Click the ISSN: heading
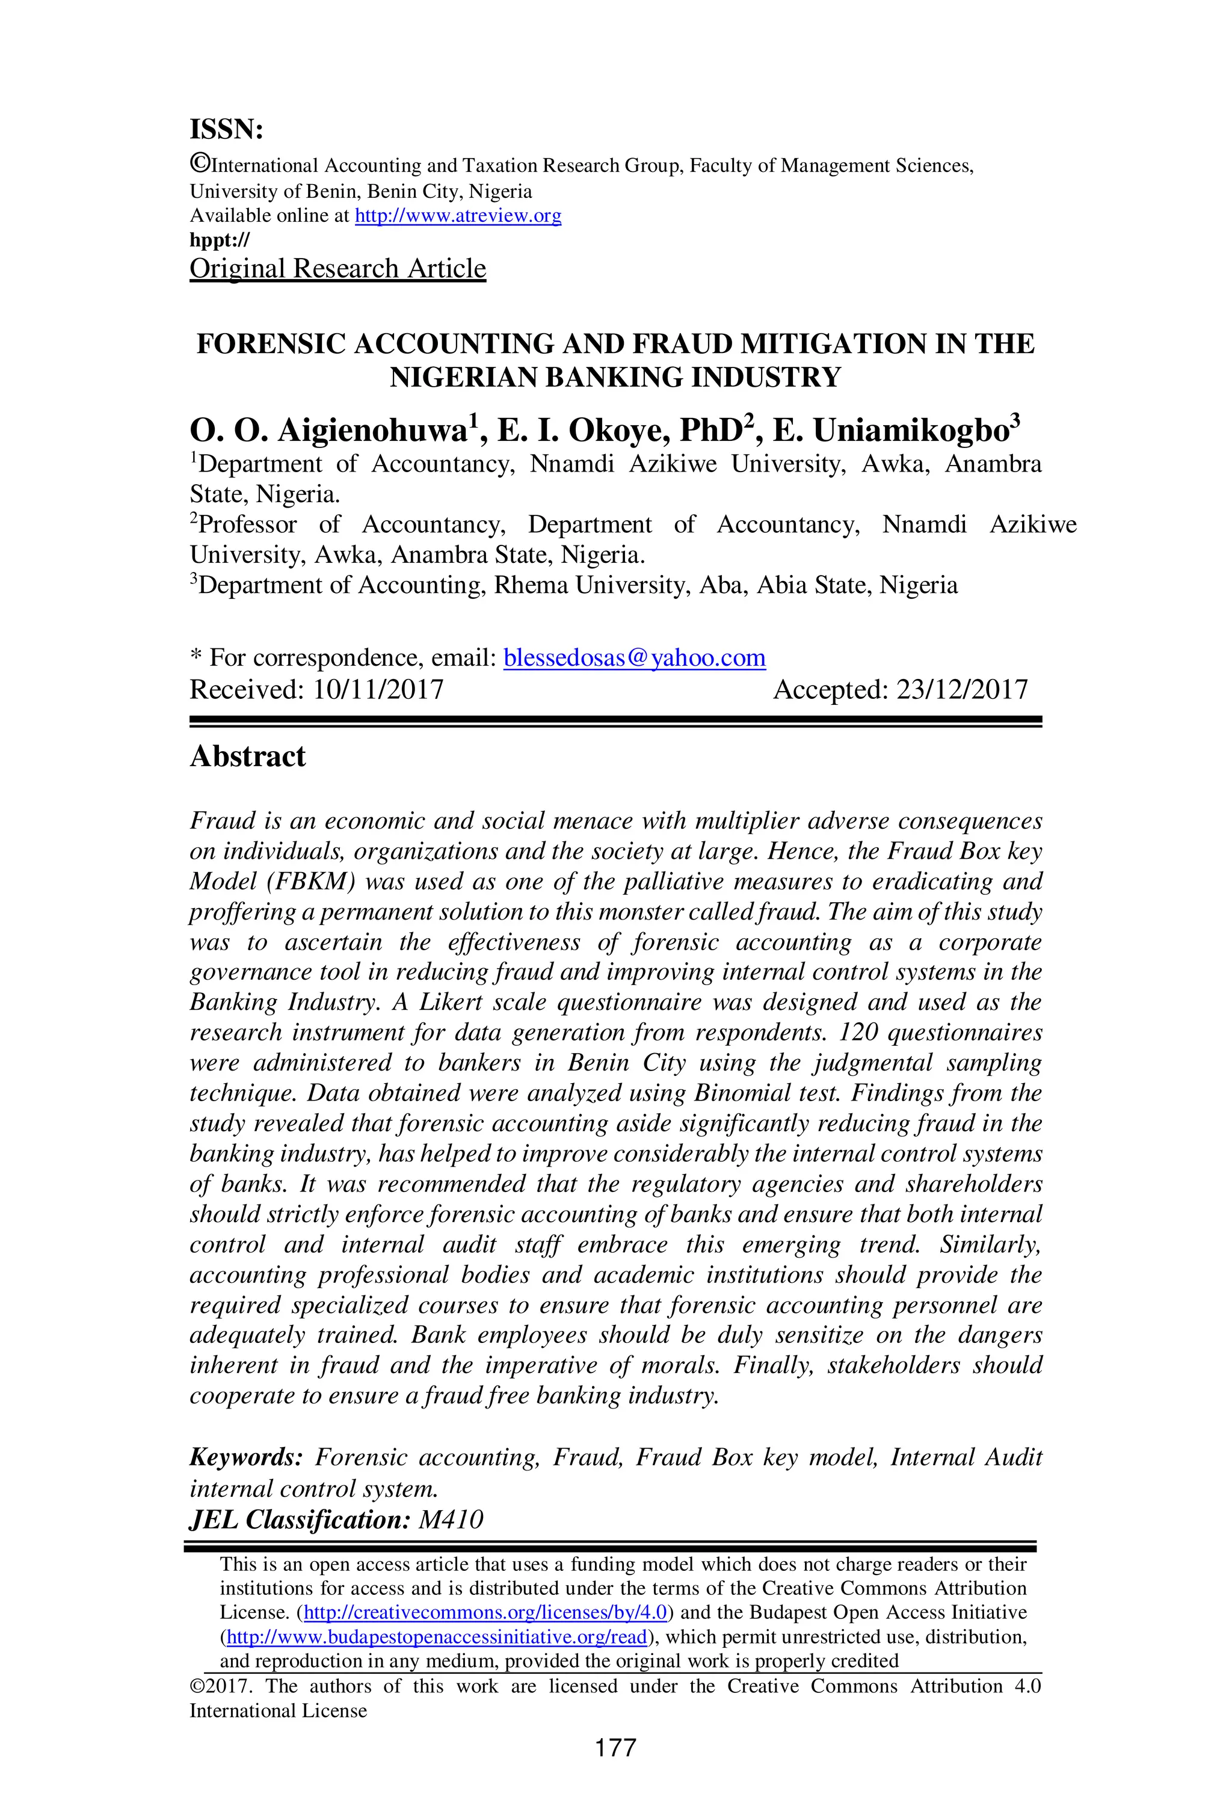tap(226, 129)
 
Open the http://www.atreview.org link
tap(458, 215)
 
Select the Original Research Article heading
tap(338, 268)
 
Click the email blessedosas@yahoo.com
tap(634, 657)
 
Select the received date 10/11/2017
tap(378, 689)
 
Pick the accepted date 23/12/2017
tap(961, 689)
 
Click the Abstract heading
tap(248, 756)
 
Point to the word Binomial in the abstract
tap(742, 1093)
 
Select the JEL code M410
tap(450, 1519)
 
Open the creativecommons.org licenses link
tap(485, 1612)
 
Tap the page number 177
tap(615, 1747)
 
